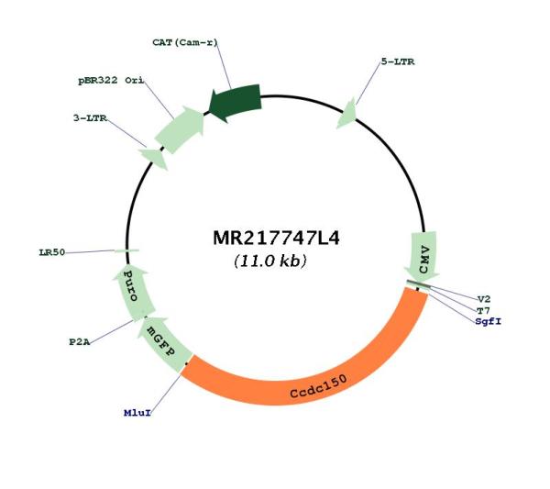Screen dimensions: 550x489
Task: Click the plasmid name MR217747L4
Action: coord(276,239)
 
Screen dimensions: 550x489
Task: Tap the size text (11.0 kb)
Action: coord(270,261)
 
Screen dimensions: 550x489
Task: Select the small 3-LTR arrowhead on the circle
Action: coord(154,158)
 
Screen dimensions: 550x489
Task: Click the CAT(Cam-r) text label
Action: coord(185,42)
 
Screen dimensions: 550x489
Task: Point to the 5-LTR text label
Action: coord(398,61)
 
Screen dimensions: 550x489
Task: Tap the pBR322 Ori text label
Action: coord(111,81)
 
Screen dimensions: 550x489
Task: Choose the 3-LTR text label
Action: coord(90,118)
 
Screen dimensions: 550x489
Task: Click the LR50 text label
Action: coord(52,252)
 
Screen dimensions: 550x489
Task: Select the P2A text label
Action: coord(80,342)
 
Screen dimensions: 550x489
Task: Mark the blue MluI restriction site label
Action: coord(137,413)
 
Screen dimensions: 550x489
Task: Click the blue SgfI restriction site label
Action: coord(489,321)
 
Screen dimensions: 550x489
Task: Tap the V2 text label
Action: coord(484,299)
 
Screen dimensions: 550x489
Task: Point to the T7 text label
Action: coord(483,310)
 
